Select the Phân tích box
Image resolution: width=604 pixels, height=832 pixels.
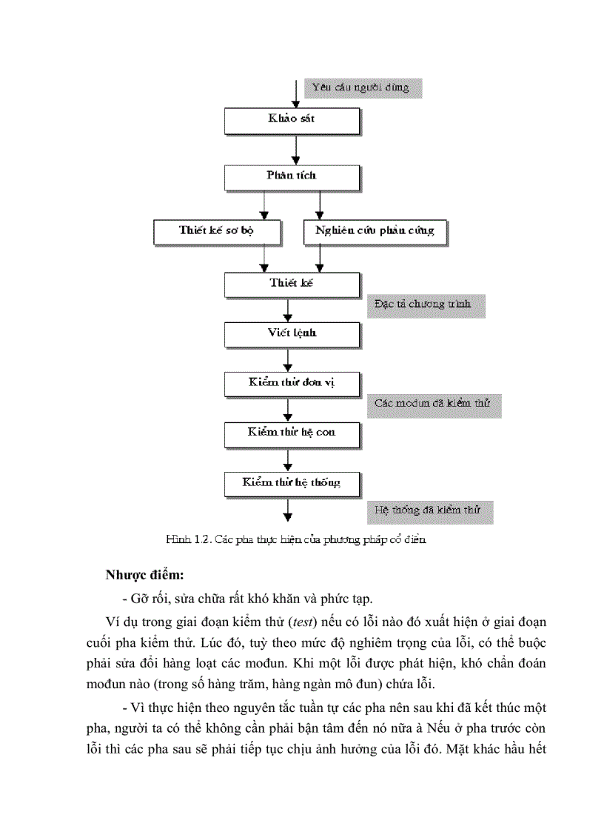(292, 176)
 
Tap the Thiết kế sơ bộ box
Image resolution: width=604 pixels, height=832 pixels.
(216, 230)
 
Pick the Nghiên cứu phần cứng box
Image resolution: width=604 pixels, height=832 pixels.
(375, 230)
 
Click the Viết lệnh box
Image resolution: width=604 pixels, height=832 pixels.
(292, 333)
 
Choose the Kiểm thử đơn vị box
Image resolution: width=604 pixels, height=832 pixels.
(292, 383)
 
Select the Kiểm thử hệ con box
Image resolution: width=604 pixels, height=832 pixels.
(292, 432)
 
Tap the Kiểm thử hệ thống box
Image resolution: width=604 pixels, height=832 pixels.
(292, 483)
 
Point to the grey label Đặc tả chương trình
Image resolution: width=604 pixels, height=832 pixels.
(426, 304)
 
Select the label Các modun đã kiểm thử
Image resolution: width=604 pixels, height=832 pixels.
(434, 405)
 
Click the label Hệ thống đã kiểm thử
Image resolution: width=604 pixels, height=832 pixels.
(429, 510)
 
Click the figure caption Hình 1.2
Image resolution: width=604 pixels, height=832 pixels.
(296, 540)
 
